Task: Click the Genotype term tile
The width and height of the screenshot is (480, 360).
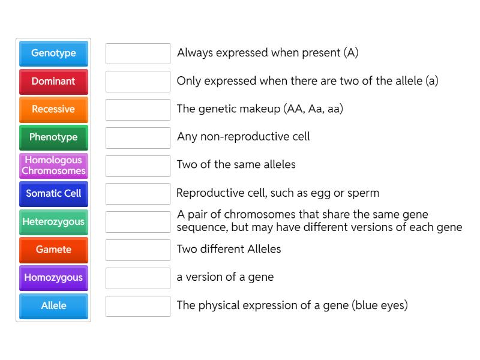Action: (53, 53)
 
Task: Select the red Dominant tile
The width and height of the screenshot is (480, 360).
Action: (53, 82)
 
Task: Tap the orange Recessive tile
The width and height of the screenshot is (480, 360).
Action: (53, 109)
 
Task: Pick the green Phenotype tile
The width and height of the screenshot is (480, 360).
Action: (53, 137)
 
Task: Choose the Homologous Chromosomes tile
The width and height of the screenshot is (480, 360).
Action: (53, 166)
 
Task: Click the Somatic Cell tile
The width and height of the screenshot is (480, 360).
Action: (53, 194)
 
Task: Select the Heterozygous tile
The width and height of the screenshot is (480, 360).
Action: (53, 222)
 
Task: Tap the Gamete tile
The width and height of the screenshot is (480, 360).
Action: (53, 250)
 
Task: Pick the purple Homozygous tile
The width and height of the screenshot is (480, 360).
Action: (53, 278)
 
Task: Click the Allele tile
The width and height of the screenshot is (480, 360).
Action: (53, 306)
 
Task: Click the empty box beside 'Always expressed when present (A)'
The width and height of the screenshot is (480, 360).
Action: (138, 53)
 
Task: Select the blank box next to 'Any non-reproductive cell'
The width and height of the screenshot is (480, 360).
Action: (138, 137)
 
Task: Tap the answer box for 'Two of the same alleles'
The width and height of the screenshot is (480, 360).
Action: (138, 166)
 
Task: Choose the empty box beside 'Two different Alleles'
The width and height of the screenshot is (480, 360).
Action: (138, 250)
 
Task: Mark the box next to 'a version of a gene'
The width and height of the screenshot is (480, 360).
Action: (138, 278)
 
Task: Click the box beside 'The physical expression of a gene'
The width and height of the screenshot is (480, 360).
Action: (138, 306)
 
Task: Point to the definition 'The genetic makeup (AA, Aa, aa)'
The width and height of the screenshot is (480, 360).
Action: (260, 109)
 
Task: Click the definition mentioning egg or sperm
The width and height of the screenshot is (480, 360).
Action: (278, 193)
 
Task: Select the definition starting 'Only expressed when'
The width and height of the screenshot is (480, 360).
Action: (307, 81)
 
